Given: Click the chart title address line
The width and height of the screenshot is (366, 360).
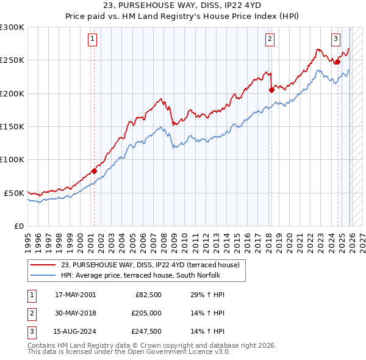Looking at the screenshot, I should click(x=182, y=5).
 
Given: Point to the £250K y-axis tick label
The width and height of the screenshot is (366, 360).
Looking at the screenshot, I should click(x=12, y=60).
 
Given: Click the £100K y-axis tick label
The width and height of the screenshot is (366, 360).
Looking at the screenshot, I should click(x=12, y=159).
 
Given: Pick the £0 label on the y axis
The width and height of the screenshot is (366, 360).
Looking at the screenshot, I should click(x=19, y=226).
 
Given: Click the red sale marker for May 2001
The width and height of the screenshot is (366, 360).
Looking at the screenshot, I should click(x=94, y=171).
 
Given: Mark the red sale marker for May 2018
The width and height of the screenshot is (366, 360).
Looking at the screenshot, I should click(x=271, y=90).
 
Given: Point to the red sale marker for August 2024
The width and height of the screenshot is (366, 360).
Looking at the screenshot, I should click(x=337, y=62).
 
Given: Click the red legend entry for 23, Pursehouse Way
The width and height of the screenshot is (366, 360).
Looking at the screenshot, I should click(x=152, y=265).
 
